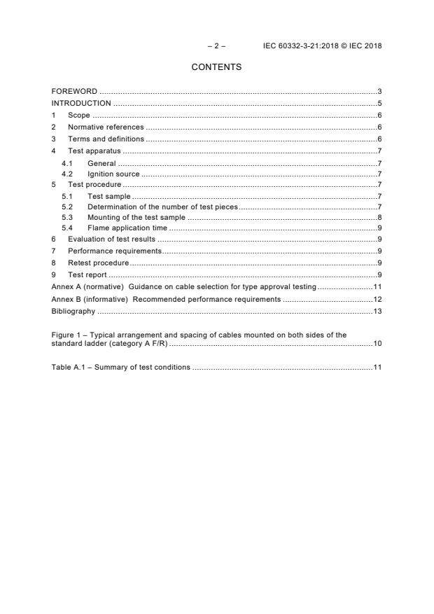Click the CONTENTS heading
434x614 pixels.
tap(216, 67)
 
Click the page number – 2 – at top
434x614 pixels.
tap(216, 46)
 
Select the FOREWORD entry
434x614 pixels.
tap(74, 92)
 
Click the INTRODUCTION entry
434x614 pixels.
tap(81, 104)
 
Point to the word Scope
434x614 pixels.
tap(78, 115)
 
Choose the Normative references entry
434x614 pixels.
tap(106, 127)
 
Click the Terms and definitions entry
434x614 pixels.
tap(106, 139)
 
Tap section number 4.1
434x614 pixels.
tap(67, 163)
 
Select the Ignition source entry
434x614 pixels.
tap(113, 174)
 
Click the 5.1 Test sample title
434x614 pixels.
tap(108, 196)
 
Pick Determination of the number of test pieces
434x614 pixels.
tap(162, 207)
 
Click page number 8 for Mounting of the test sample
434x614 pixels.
tap(379, 218)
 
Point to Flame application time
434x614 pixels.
tap(127, 228)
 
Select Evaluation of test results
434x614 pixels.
tap(111, 239)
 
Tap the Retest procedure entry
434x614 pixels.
tap(98, 263)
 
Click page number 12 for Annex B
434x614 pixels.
tap(377, 299)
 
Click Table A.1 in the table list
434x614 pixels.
tap(68, 367)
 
